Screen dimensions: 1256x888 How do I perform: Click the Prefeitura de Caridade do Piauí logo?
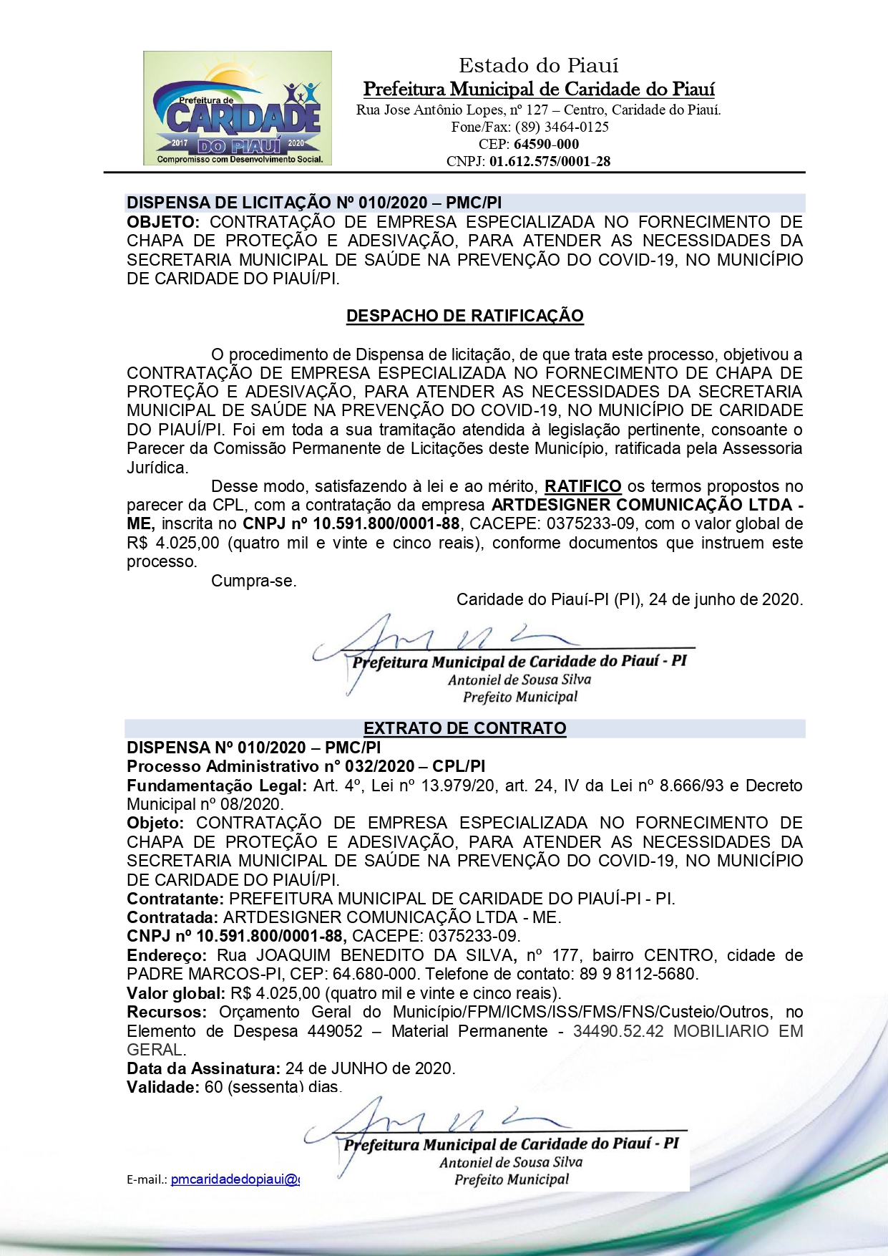[237, 108]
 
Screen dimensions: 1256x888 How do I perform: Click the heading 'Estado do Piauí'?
[538, 66]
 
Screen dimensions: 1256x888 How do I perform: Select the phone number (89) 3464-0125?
[562, 127]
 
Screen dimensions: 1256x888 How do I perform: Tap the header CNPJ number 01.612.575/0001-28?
[550, 161]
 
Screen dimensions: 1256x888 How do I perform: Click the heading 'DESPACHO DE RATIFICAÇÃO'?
[464, 316]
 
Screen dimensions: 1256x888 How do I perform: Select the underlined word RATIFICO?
[582, 487]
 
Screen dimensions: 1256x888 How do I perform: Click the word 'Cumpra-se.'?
[253, 581]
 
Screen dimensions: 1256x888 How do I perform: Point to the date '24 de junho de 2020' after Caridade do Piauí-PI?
[726, 599]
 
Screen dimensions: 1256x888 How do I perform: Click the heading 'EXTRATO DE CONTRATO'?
[464, 728]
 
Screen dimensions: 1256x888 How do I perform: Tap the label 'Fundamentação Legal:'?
[217, 786]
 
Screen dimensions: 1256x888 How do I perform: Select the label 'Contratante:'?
[176, 899]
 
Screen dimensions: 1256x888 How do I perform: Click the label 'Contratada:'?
[172, 917]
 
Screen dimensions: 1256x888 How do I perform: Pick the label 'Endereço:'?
[167, 955]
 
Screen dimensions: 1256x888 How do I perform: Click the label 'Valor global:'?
[176, 993]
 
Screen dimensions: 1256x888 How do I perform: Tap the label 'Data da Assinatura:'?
[203, 1068]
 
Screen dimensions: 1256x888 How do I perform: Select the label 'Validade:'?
[162, 1087]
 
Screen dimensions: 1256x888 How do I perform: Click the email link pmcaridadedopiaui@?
[235, 1179]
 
